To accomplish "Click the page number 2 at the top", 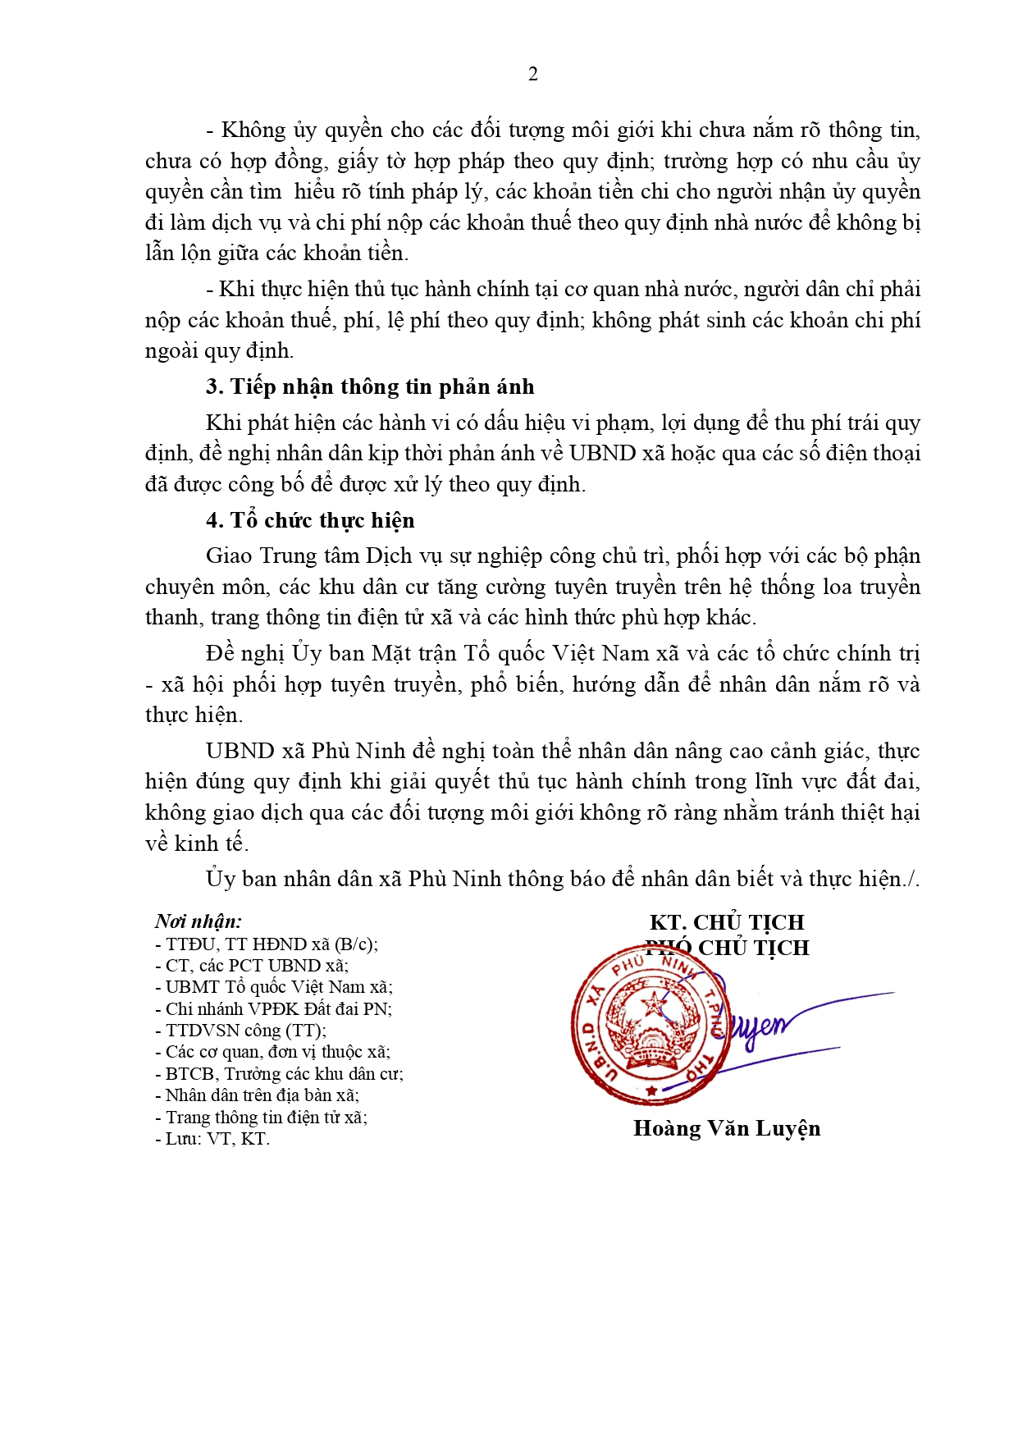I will pos(533,75).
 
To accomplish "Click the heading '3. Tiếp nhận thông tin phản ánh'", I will pos(369,386).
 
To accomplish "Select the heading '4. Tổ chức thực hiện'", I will pos(310,520).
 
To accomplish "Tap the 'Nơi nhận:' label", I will pos(198,921).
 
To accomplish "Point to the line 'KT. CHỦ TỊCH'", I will pos(726,922).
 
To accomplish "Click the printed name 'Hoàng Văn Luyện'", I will pos(726,1128).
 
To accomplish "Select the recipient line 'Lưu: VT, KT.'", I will pos(213,1139).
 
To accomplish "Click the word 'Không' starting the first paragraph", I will pos(253,130).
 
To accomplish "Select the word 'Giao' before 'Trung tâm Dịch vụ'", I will pos(229,556).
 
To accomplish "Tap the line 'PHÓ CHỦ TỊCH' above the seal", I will pos(728,948).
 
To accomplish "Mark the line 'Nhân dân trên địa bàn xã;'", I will pos(258,1095).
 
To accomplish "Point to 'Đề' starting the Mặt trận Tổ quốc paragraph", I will pos(220,654).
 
